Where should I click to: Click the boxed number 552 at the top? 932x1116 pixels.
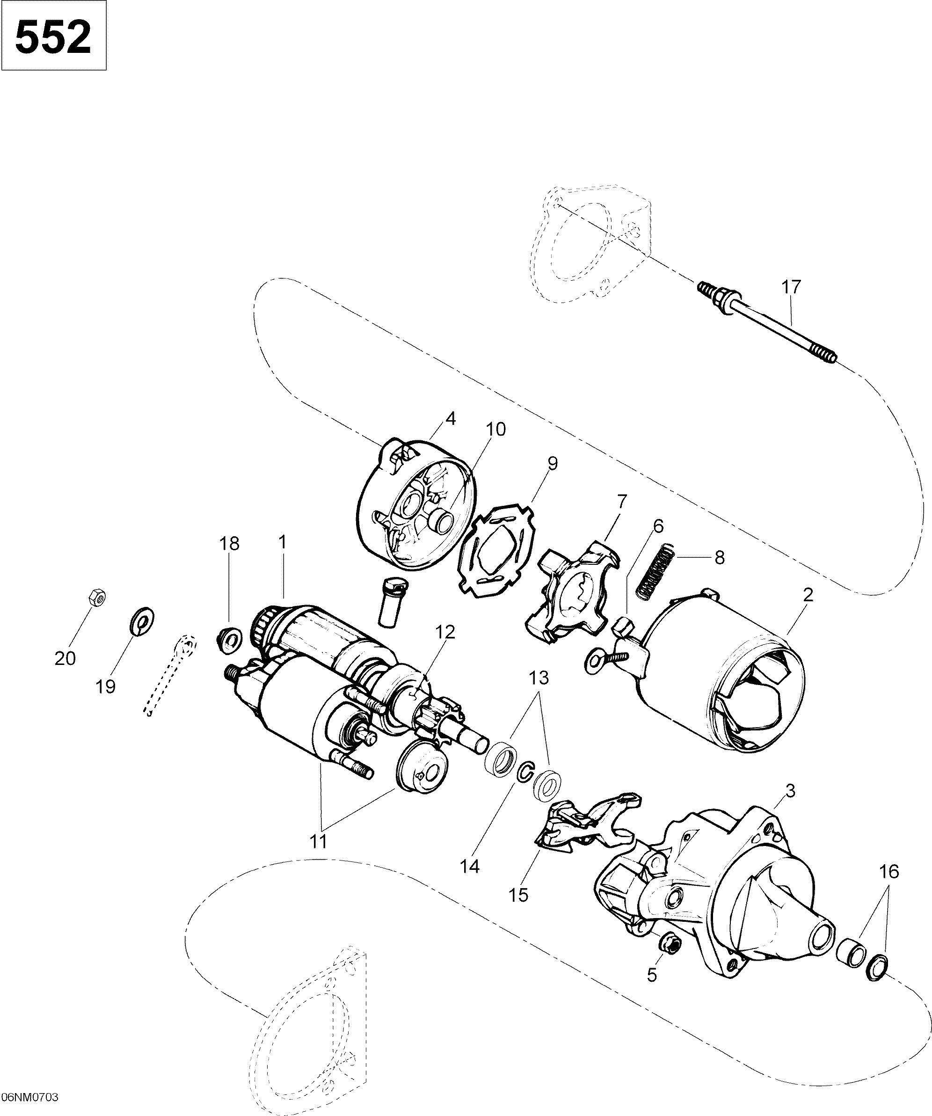[x=53, y=36]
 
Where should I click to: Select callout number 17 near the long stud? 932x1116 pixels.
[x=790, y=287]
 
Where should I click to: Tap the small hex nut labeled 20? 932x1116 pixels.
[x=96, y=598]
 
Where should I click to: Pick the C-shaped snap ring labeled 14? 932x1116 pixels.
[x=524, y=772]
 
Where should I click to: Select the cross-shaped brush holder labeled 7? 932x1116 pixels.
[x=573, y=591]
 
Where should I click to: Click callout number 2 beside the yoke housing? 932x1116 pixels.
[x=808, y=595]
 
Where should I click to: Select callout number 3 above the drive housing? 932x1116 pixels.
[x=790, y=791]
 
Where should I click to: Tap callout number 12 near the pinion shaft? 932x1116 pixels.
[x=445, y=632]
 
